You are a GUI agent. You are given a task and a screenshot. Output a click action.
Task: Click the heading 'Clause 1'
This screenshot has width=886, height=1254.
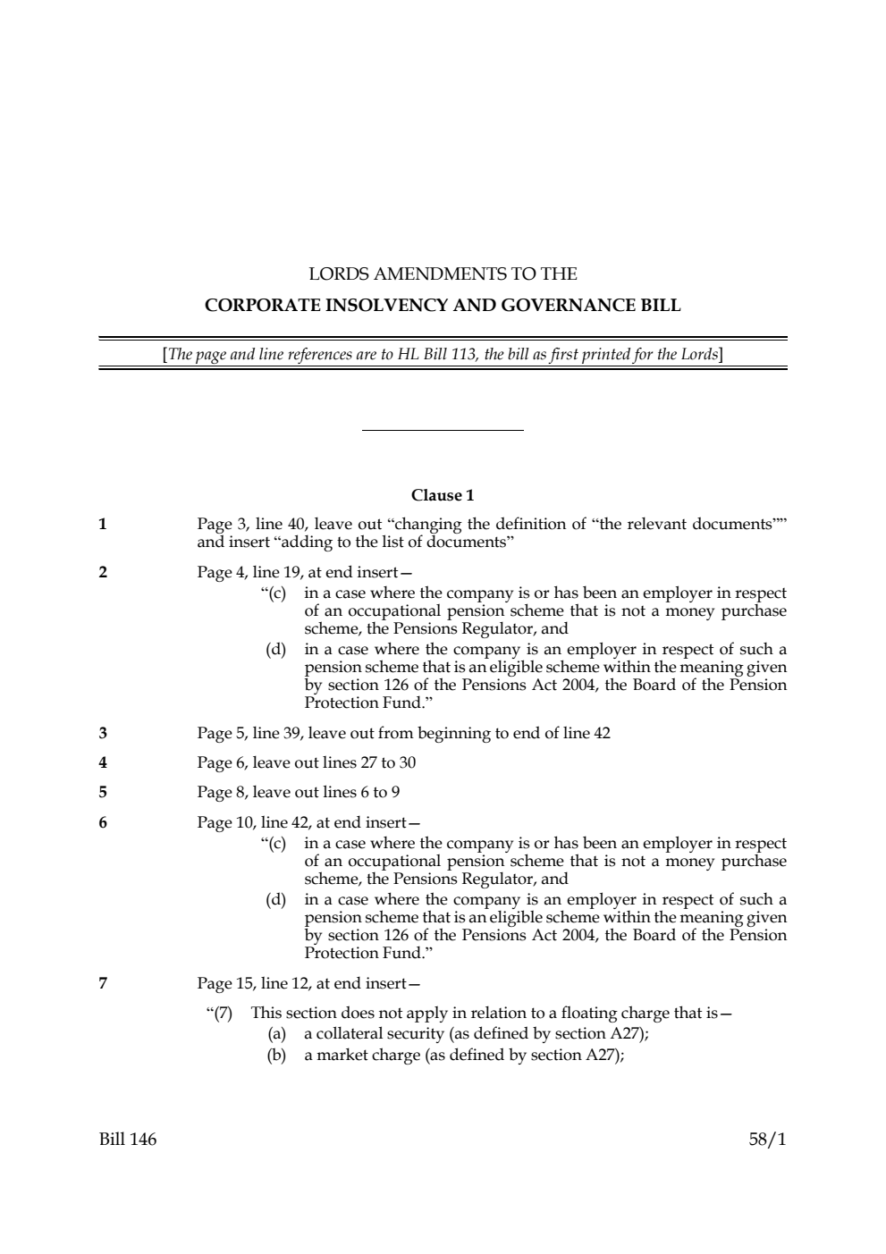[x=443, y=495]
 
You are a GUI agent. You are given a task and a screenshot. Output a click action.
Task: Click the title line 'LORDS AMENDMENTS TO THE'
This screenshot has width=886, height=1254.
[x=443, y=274]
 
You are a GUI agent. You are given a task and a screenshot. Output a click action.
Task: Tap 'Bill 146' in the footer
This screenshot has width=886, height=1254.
[x=128, y=1139]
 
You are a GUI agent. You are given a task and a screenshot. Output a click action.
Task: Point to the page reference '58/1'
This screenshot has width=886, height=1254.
[x=767, y=1139]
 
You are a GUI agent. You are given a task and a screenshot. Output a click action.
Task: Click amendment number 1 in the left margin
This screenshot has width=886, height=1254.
[x=103, y=525]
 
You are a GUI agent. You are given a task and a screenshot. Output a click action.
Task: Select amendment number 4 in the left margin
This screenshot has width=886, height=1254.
[x=103, y=762]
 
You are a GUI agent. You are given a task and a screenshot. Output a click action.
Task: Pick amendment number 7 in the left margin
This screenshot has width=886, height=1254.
[x=103, y=983]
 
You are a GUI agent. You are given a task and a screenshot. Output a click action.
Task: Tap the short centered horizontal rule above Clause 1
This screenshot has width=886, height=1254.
[x=443, y=431]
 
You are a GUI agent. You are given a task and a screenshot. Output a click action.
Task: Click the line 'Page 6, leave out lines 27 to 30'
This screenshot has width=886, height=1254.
[x=306, y=762]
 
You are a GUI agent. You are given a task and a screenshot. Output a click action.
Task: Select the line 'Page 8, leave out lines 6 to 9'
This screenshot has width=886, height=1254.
[x=298, y=792]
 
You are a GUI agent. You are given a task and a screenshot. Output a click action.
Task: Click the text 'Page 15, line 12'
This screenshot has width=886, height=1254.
[x=252, y=983]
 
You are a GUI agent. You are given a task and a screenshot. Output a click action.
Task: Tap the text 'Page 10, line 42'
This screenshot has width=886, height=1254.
[x=252, y=821]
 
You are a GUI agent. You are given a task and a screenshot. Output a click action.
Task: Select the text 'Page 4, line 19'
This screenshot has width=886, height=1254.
[x=249, y=572]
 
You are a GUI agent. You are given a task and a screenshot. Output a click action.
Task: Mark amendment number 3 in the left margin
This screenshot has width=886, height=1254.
[x=103, y=733]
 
